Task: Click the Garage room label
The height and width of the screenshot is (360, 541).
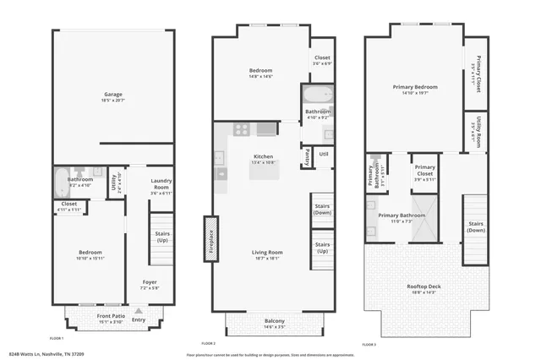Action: pyautogui.click(x=113, y=95)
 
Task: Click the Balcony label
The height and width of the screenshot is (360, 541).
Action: pyautogui.click(x=273, y=321)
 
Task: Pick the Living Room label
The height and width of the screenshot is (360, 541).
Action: pyautogui.click(x=267, y=253)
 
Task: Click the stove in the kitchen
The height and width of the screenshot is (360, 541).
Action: pyautogui.click(x=240, y=129)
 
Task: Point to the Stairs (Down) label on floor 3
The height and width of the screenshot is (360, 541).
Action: pyautogui.click(x=476, y=226)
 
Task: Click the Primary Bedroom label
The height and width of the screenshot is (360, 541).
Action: pyautogui.click(x=414, y=88)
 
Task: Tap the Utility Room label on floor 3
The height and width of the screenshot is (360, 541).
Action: pyautogui.click(x=478, y=130)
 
